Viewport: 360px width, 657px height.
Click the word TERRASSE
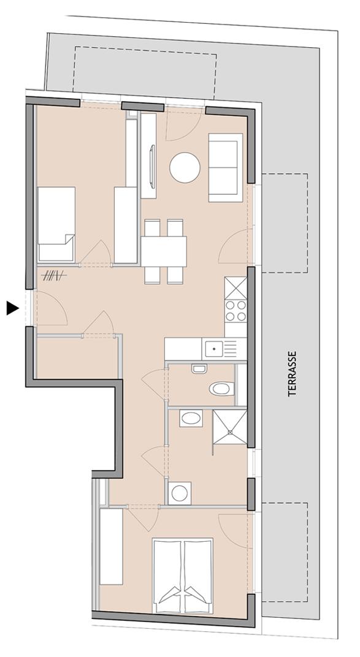[293, 373]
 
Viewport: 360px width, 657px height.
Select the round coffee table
[185, 167]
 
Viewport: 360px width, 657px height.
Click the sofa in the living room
[224, 167]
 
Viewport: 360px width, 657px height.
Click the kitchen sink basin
[214, 349]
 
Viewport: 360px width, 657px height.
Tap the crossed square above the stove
[236, 287]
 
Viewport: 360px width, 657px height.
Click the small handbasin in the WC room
[199, 369]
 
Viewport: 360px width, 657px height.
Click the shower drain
[230, 432]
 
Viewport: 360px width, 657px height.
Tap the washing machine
[180, 493]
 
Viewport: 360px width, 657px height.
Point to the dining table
[164, 251]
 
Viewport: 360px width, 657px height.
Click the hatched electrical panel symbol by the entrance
[53, 276]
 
